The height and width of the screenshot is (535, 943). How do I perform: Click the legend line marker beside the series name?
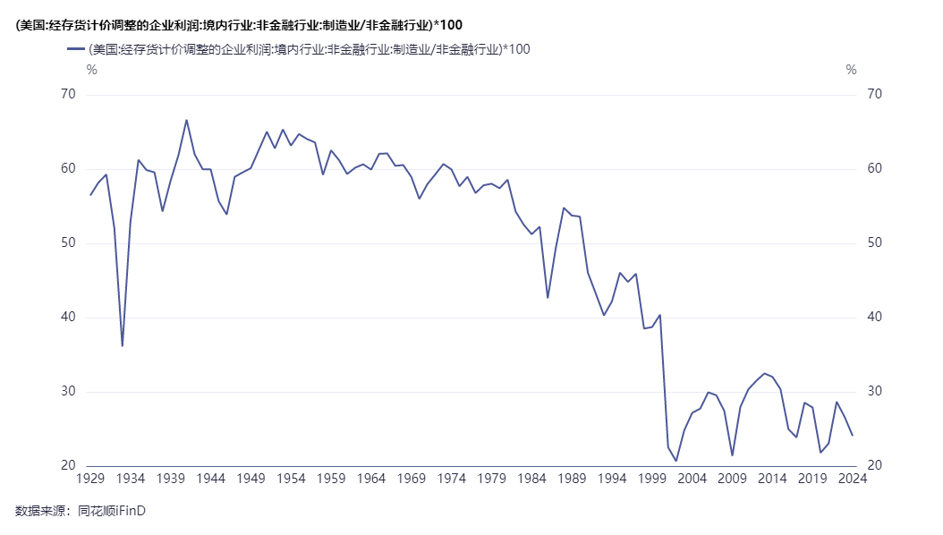tap(75, 49)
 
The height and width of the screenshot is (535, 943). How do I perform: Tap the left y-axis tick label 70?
tap(69, 95)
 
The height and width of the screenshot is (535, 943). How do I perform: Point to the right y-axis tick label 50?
tap(875, 243)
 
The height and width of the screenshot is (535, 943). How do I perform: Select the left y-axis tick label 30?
tap(69, 392)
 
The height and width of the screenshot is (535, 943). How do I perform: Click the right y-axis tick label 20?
tap(875, 466)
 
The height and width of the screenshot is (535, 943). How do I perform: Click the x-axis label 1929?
tap(90, 479)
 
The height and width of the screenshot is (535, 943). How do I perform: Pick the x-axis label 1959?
tap(331, 479)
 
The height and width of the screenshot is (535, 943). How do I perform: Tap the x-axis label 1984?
tap(531, 479)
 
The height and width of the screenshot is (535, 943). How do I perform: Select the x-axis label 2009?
tap(732, 479)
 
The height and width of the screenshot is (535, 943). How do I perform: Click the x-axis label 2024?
tap(853, 479)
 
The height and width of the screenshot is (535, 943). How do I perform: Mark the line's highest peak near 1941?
tap(186, 120)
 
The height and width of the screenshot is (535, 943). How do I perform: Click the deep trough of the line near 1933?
tap(123, 345)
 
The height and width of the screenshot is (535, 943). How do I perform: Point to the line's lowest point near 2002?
tap(676, 461)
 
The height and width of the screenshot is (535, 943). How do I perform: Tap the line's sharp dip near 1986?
tap(548, 297)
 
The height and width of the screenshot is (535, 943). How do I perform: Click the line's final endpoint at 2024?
tap(853, 435)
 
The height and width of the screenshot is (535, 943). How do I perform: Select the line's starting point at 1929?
tap(90, 195)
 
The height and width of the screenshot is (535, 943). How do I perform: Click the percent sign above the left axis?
tap(91, 70)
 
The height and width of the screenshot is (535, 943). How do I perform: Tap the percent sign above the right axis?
tap(851, 70)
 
